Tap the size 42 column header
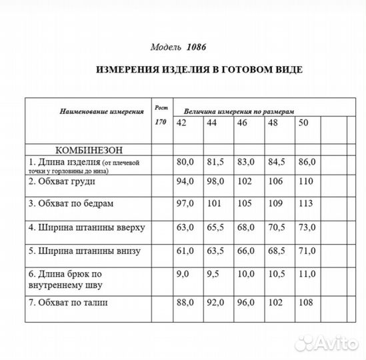click(x=181, y=123)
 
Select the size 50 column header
click(x=305, y=123)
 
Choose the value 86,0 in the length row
click(x=307, y=162)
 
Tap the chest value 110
click(x=305, y=181)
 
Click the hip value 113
click(x=305, y=203)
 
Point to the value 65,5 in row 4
click(x=215, y=227)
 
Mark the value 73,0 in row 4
click(x=307, y=227)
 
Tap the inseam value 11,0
click(x=307, y=273)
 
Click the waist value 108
click(x=305, y=303)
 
